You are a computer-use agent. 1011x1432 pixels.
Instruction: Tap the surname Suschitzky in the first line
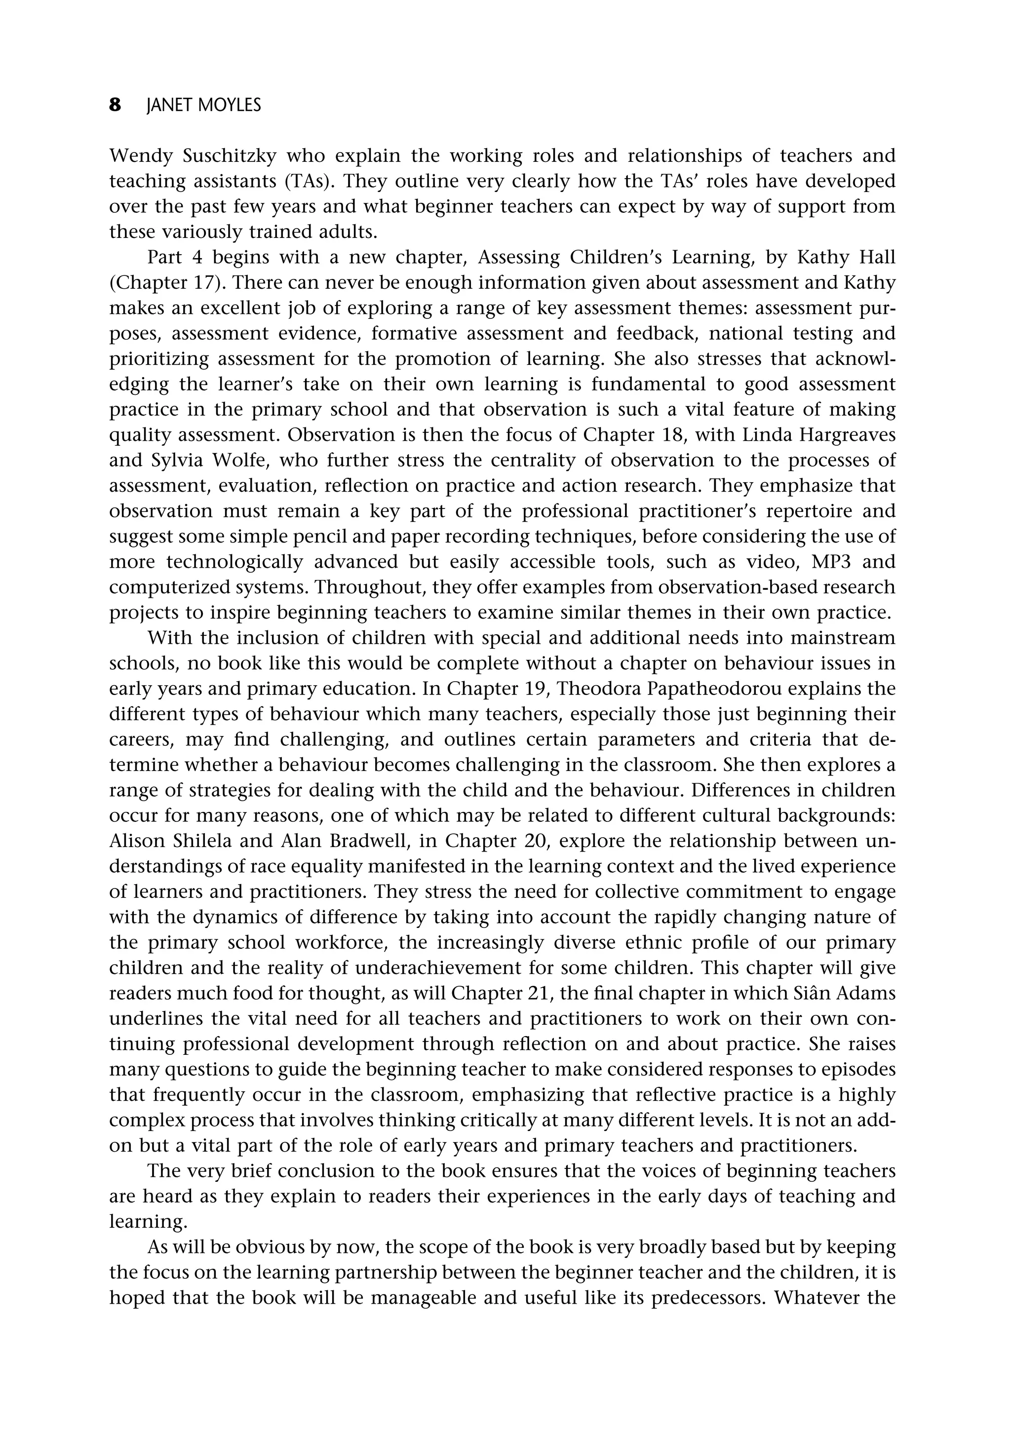click(223, 155)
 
